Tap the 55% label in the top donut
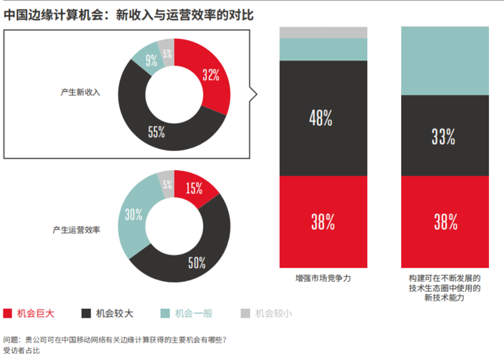[157, 132]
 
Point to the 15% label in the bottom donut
[193, 189]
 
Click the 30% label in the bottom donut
[133, 215]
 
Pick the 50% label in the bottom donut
[197, 263]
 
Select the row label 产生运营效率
[76, 230]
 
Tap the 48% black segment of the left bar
[323, 118]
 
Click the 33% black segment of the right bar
[445, 135]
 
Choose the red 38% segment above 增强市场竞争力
[323, 221]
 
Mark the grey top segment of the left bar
[323, 33]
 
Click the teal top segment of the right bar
[445, 61]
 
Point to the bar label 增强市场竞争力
[323, 279]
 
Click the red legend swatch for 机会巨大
[8, 313]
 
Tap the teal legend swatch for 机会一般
[164, 313]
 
